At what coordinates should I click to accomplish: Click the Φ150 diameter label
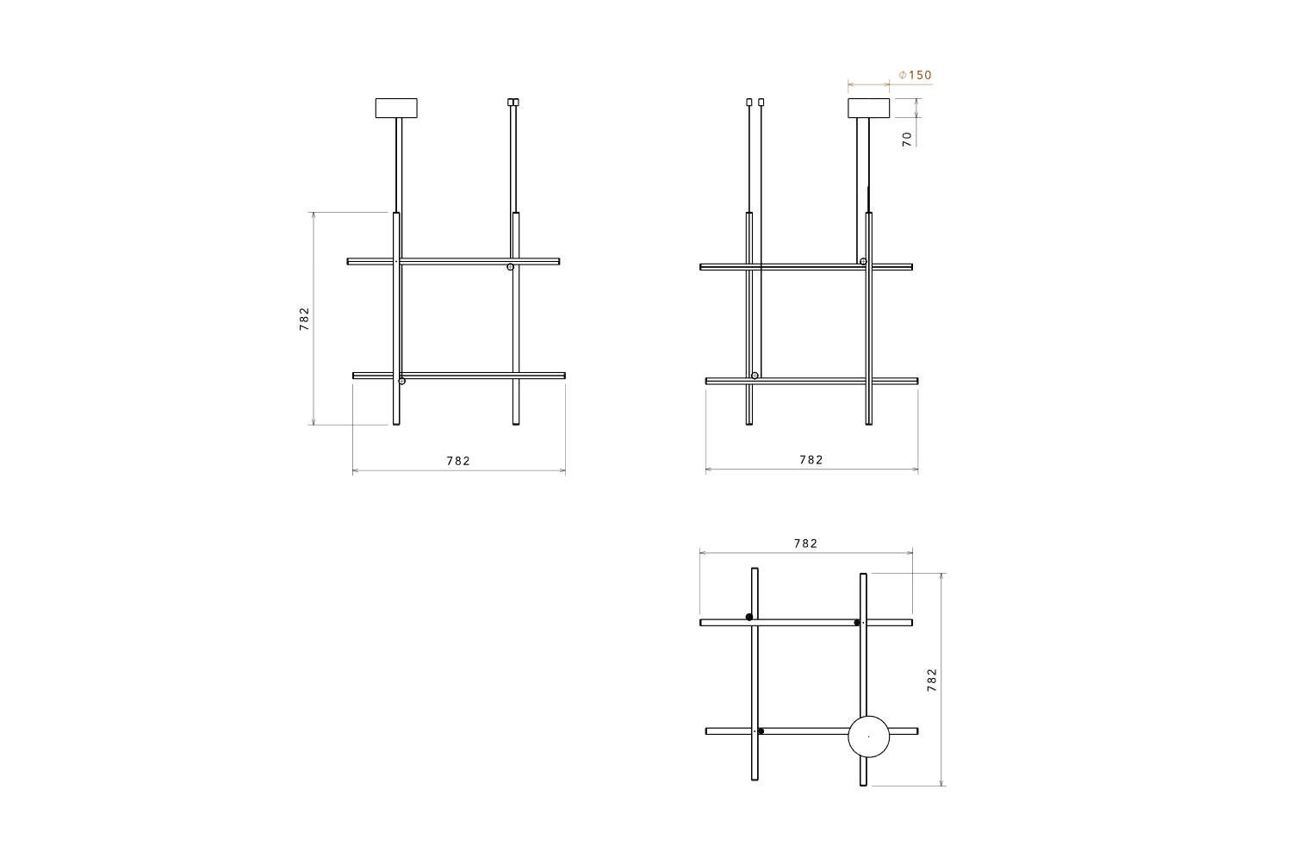click(916, 76)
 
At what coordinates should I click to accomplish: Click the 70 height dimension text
click(907, 139)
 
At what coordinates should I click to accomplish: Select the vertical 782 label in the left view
click(304, 319)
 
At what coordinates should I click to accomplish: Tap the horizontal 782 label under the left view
click(458, 461)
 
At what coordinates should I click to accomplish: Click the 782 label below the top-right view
click(811, 460)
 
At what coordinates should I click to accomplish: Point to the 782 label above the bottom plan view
click(805, 544)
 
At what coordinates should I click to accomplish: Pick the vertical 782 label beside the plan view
click(931, 680)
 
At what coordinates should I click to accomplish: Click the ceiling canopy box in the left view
click(396, 109)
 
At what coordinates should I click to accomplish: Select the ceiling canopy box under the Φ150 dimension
click(868, 109)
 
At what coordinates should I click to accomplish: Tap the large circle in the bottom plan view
click(868, 737)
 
